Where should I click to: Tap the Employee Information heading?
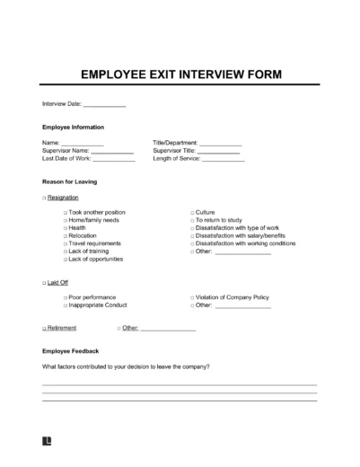coord(73,127)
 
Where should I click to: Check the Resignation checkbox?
coord(44,197)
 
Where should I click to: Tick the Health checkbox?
coord(66,228)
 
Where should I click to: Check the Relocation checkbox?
coord(66,236)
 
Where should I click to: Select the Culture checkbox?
coord(192,212)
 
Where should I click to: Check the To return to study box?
coord(192,220)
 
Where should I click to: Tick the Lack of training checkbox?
coord(66,251)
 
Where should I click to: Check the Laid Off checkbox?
coord(44,282)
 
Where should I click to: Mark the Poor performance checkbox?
coord(66,297)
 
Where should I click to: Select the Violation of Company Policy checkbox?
coord(192,297)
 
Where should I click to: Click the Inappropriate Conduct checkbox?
coord(66,305)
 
